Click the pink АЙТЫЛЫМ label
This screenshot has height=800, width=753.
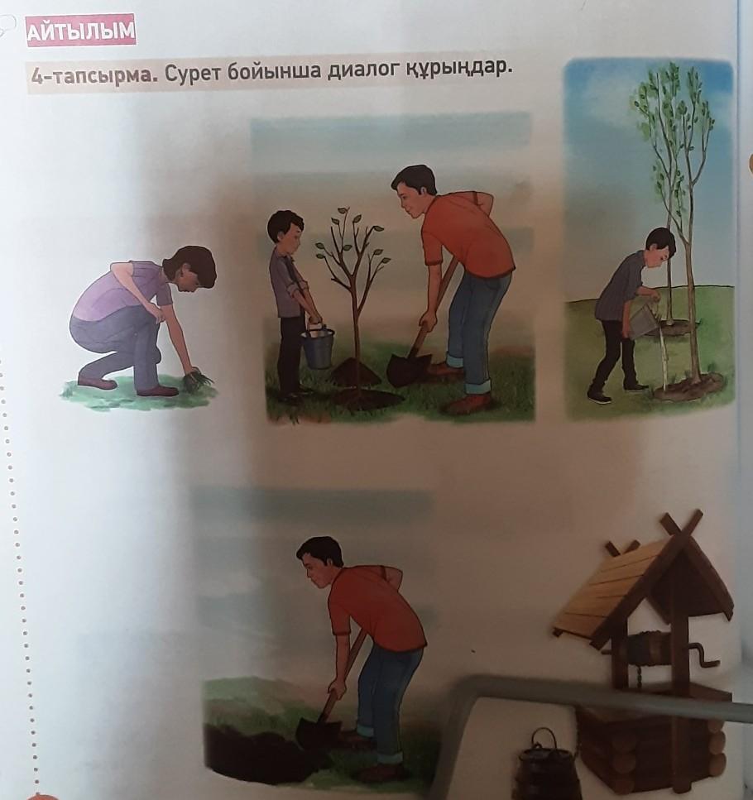coord(81,31)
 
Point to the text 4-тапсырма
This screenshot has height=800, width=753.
coord(94,78)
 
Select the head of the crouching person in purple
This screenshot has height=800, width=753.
coord(193,270)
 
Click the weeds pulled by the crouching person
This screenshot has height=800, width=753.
coord(198,379)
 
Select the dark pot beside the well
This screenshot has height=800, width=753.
coord(548,765)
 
